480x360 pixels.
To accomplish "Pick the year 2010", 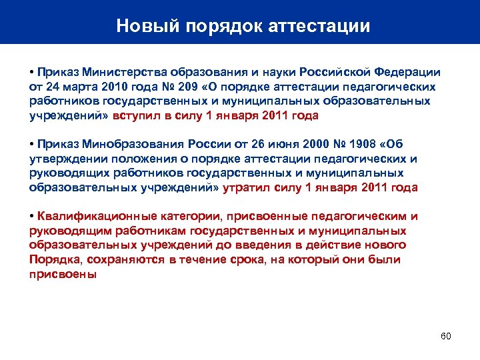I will [x=113, y=87].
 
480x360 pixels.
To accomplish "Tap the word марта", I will [x=78, y=87].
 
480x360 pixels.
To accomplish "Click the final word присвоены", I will [x=63, y=274].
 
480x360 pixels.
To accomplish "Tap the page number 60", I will [x=446, y=335].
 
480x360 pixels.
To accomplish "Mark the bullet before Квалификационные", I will [x=32, y=216].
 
